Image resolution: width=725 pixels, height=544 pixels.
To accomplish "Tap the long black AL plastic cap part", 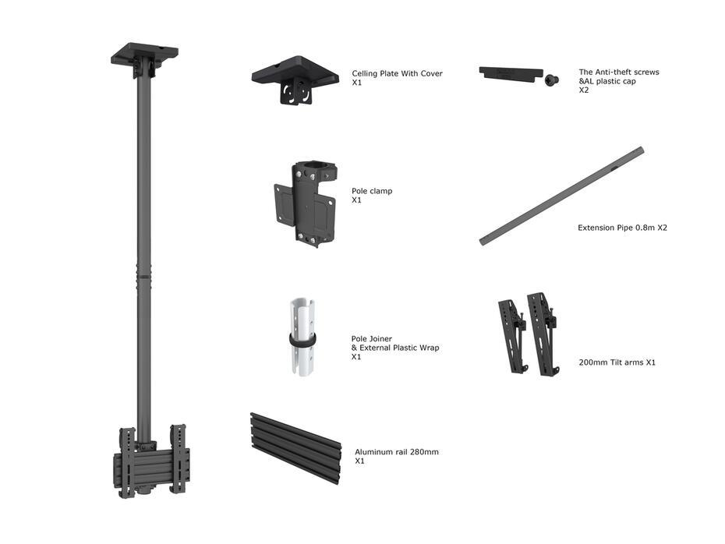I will (510, 72).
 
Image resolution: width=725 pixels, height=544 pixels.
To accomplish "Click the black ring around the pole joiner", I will (302, 340).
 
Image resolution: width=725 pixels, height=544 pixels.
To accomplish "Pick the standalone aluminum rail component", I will (295, 447).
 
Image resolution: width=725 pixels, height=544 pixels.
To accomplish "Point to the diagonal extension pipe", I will (561, 196).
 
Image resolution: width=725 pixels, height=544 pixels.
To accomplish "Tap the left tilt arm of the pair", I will (512, 334).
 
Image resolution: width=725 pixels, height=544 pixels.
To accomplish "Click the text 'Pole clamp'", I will (372, 191).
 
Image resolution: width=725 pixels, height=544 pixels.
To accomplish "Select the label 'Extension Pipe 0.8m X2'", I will (622, 228).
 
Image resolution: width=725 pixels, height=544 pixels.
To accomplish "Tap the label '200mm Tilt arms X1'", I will (617, 362).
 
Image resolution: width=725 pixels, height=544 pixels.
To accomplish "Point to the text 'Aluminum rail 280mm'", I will (397, 452).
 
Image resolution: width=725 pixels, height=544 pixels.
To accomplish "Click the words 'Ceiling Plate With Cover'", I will (397, 73).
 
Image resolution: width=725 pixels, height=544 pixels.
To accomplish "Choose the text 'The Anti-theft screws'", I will (619, 72).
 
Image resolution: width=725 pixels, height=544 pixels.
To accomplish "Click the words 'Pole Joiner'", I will (372, 339).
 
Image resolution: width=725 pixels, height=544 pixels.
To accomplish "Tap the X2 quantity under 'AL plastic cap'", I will (584, 90).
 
